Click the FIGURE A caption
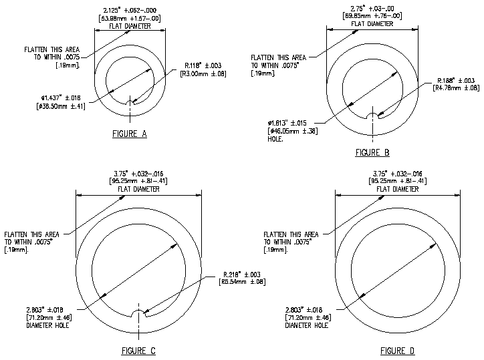[130, 134]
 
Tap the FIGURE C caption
[139, 351]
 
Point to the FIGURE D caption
[397, 351]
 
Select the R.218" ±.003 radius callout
[247, 275]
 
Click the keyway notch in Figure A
[130, 101]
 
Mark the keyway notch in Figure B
[373, 116]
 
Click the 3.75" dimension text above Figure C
[139, 173]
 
